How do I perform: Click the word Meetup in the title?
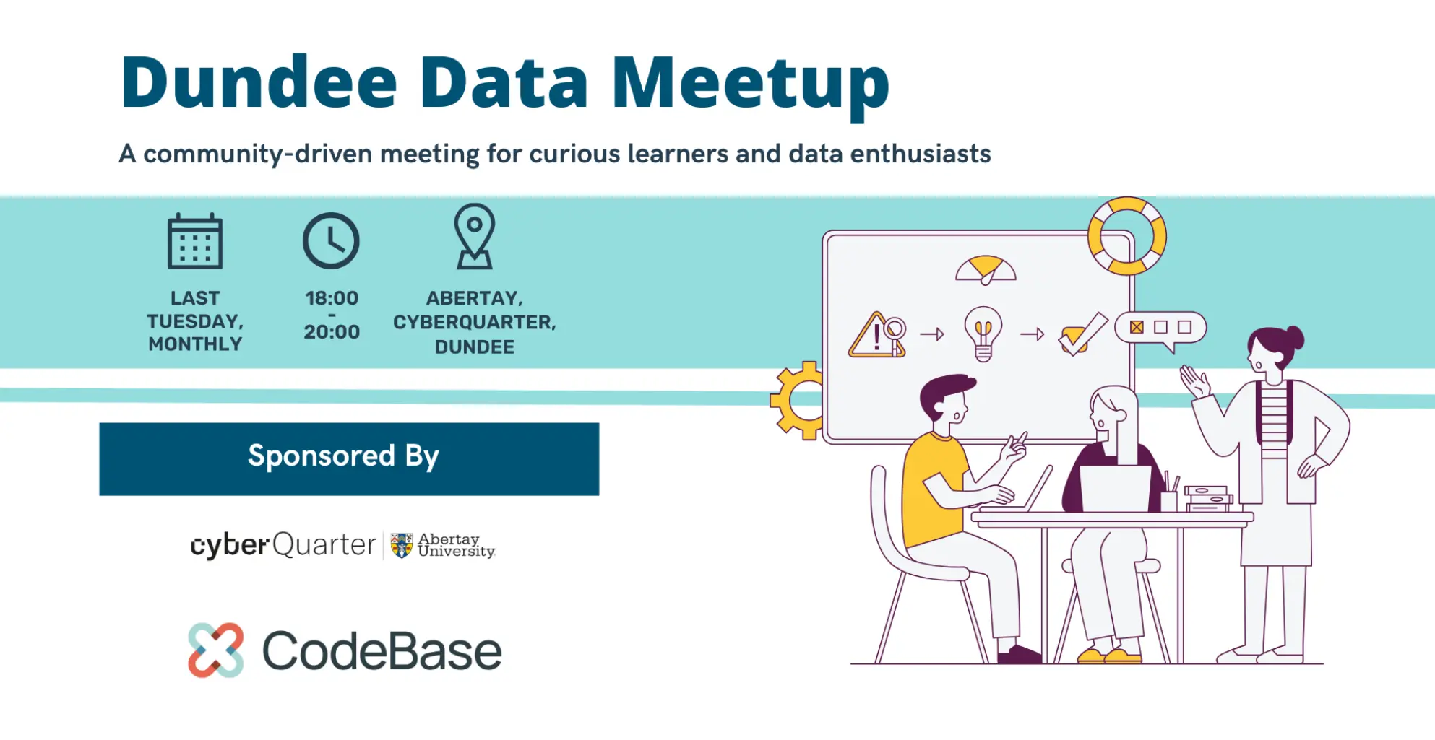point(751,85)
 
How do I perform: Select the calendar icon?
point(195,241)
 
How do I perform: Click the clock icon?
point(331,240)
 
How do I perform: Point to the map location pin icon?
point(475,237)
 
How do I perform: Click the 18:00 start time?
point(332,298)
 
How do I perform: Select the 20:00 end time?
point(332,332)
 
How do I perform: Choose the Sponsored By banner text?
point(343,456)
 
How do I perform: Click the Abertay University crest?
point(402,545)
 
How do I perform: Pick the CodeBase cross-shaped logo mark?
point(215,650)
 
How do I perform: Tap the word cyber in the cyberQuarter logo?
point(230,545)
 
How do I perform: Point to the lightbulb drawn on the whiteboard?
point(983,333)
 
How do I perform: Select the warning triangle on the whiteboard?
point(876,335)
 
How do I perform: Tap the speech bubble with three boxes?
point(1160,330)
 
